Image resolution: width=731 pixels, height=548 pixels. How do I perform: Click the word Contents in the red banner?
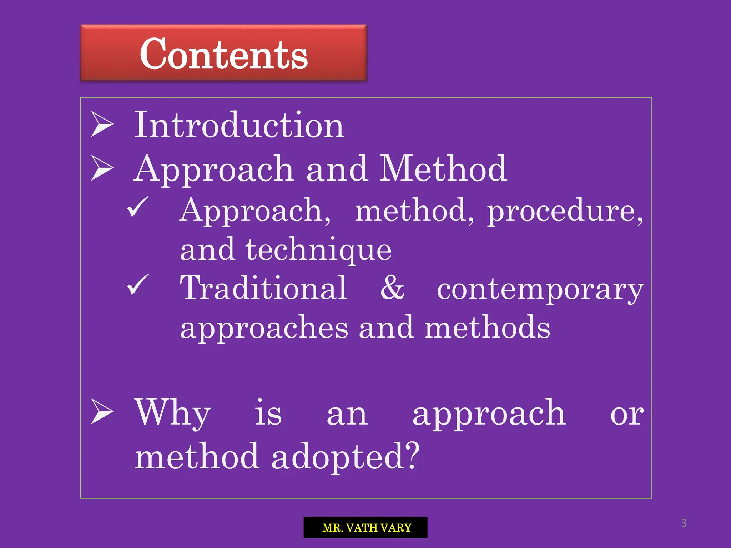[x=223, y=54]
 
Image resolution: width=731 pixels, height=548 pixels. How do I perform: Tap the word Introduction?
[x=239, y=125]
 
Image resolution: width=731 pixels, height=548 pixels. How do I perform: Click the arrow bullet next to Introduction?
[x=102, y=124]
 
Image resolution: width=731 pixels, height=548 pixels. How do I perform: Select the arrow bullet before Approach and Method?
[x=102, y=168]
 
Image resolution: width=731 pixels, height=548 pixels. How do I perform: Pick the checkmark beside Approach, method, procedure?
[x=137, y=207]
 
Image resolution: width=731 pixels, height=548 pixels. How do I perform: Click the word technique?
[x=318, y=250]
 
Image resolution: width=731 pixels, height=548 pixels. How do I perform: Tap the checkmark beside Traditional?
[x=137, y=285]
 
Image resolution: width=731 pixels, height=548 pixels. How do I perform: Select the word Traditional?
[x=263, y=288]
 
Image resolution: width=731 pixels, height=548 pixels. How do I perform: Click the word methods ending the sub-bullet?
[x=487, y=328]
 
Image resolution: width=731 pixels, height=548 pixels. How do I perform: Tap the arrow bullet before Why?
[x=102, y=412]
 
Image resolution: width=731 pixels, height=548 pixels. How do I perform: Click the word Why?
[x=173, y=413]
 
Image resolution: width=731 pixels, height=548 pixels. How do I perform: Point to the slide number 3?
[x=684, y=523]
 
